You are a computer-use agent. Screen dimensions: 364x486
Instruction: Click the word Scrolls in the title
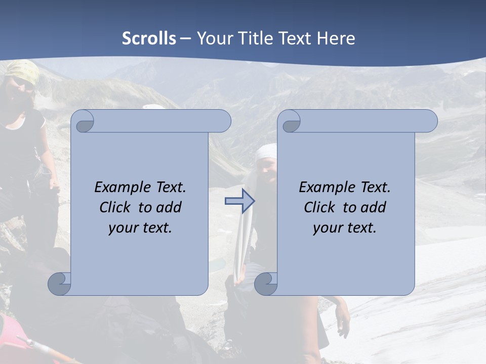[149, 38]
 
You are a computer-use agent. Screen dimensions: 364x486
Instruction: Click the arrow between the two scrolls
[239, 201]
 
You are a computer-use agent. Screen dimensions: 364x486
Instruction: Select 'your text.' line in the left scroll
[140, 227]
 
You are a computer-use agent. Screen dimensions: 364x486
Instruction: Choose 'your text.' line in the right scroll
[345, 227]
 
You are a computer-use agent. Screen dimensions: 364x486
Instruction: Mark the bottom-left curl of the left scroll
[60, 284]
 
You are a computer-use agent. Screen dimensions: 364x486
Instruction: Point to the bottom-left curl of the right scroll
[266, 284]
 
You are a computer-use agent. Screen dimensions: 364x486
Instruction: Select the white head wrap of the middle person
[267, 151]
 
